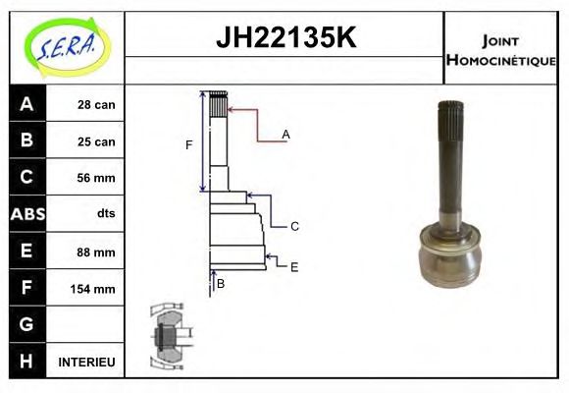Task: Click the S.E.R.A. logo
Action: pos(66,45)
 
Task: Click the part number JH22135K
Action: pos(284,39)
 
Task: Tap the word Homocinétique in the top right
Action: pos(500,60)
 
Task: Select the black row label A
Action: pos(26,104)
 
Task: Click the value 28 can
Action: pos(96,104)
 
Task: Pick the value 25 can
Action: pos(96,141)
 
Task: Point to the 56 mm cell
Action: pos(96,178)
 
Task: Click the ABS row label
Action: pos(26,214)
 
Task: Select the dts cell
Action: pos(105,214)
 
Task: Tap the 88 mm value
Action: pos(96,252)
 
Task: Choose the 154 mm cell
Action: pos(94,289)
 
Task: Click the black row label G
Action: pos(26,324)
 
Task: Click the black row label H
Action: pos(26,362)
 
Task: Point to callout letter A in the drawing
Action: pos(285,134)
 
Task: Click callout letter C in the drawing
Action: pos(294,227)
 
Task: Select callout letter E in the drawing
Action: pos(294,266)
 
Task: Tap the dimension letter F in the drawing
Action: pos(189,145)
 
